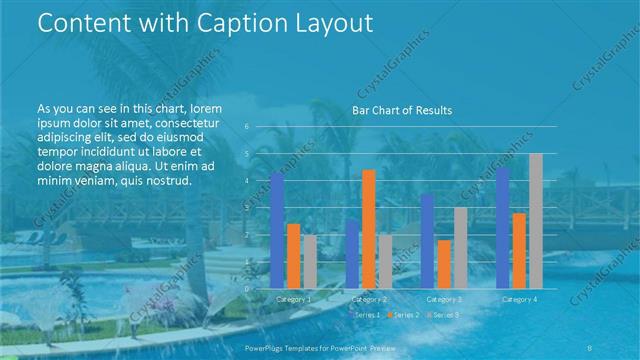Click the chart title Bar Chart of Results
402,110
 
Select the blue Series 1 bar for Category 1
277,230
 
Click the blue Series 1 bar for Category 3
427,240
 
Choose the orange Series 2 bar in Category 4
519,250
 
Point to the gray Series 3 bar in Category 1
309,261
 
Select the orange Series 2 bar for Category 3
444,264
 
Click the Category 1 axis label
293,299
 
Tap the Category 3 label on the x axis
444,299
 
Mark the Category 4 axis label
519,299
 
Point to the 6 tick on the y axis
247,127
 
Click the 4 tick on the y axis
247,181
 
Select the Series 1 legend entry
367,315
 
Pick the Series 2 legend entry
404,315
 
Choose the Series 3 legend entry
443,315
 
